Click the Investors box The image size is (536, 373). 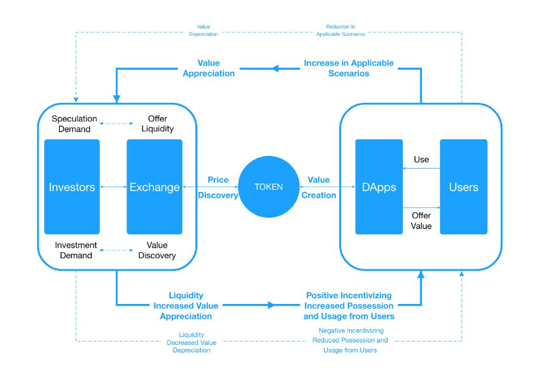(72, 187)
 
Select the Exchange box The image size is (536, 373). (154, 187)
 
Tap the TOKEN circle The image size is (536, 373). (268, 187)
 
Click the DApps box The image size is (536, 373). (379, 187)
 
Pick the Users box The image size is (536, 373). (463, 187)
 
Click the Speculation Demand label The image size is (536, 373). (74, 124)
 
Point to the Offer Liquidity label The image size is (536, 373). (157, 124)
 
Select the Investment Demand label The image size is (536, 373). (74, 250)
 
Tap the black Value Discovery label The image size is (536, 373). (157, 250)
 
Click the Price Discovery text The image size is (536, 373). (218, 187)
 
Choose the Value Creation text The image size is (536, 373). (319, 187)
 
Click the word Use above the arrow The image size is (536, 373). (421, 159)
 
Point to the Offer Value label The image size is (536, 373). (421, 220)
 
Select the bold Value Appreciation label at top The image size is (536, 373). (208, 68)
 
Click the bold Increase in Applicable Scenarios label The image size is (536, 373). (348, 68)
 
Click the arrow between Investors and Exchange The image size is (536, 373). (113, 187)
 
